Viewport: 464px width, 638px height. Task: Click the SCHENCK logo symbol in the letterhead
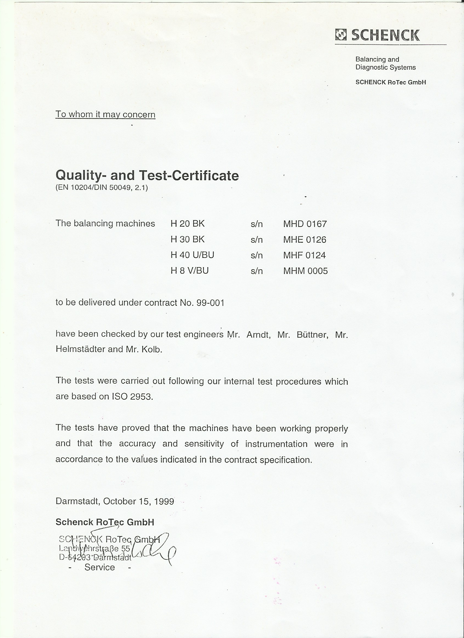coord(341,35)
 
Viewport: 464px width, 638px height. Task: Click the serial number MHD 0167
coord(305,224)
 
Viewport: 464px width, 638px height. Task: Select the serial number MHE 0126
coord(305,240)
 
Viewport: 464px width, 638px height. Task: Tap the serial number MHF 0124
coord(304,255)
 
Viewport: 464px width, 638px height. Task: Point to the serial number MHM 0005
coord(306,271)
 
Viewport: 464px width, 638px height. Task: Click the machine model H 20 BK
coord(188,224)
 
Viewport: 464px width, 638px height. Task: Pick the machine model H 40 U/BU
coord(192,255)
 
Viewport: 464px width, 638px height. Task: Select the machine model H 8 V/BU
coord(189,271)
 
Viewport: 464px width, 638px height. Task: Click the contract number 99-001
coord(210,303)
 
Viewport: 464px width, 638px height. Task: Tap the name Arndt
coord(258,335)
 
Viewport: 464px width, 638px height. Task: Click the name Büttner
coord(312,335)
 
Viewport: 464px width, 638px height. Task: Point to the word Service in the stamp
coord(100,567)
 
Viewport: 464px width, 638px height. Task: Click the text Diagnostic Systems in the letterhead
coord(385,67)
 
